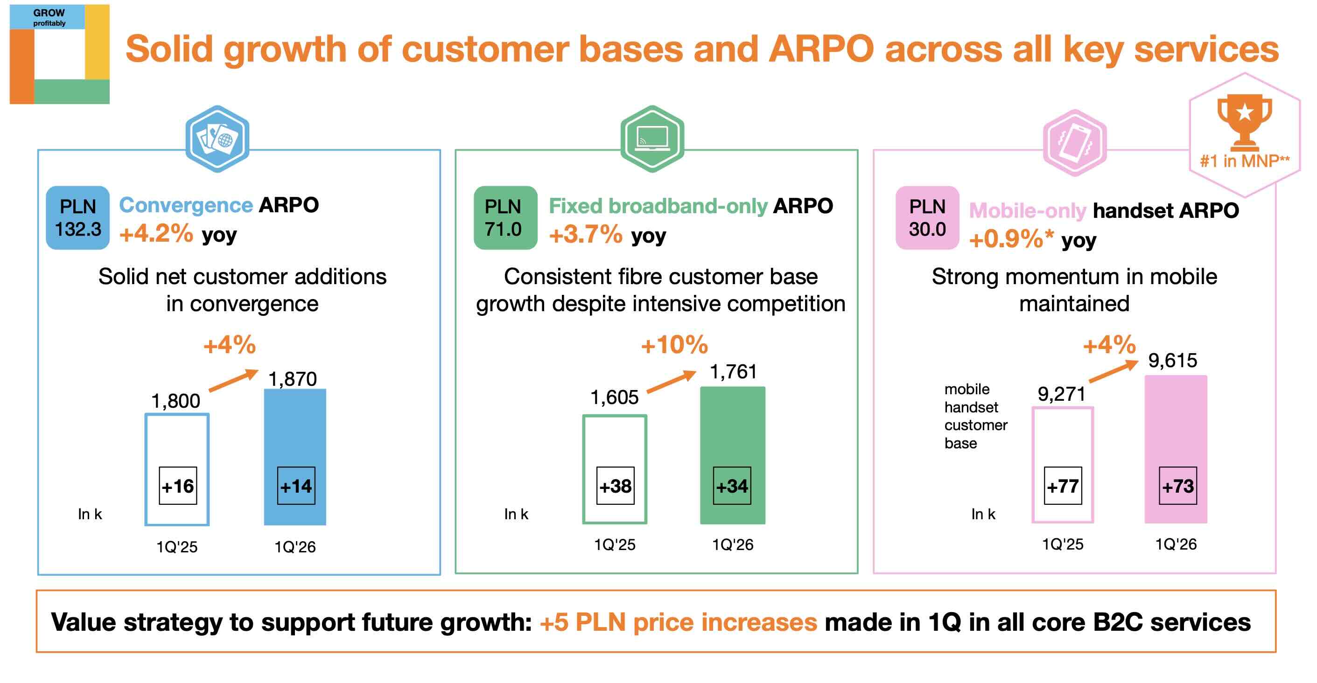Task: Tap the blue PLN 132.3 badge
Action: click(78, 218)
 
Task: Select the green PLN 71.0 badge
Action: click(505, 218)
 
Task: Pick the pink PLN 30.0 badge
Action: click(927, 218)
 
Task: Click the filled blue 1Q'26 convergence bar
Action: click(295, 434)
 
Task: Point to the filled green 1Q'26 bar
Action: click(732, 434)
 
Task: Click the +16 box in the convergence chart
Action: click(178, 486)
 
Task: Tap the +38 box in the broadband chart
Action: click(616, 486)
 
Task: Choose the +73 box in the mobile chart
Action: click(1177, 486)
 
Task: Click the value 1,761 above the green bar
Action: click(733, 372)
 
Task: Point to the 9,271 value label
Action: click(1061, 394)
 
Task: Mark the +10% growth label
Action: click(674, 345)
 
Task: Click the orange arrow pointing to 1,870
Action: click(234, 380)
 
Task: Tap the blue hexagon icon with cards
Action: click(217, 139)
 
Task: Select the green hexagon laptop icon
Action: click(652, 139)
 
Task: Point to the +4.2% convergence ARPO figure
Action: click(156, 234)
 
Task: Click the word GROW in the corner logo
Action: click(49, 13)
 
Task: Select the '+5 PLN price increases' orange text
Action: click(678, 622)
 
